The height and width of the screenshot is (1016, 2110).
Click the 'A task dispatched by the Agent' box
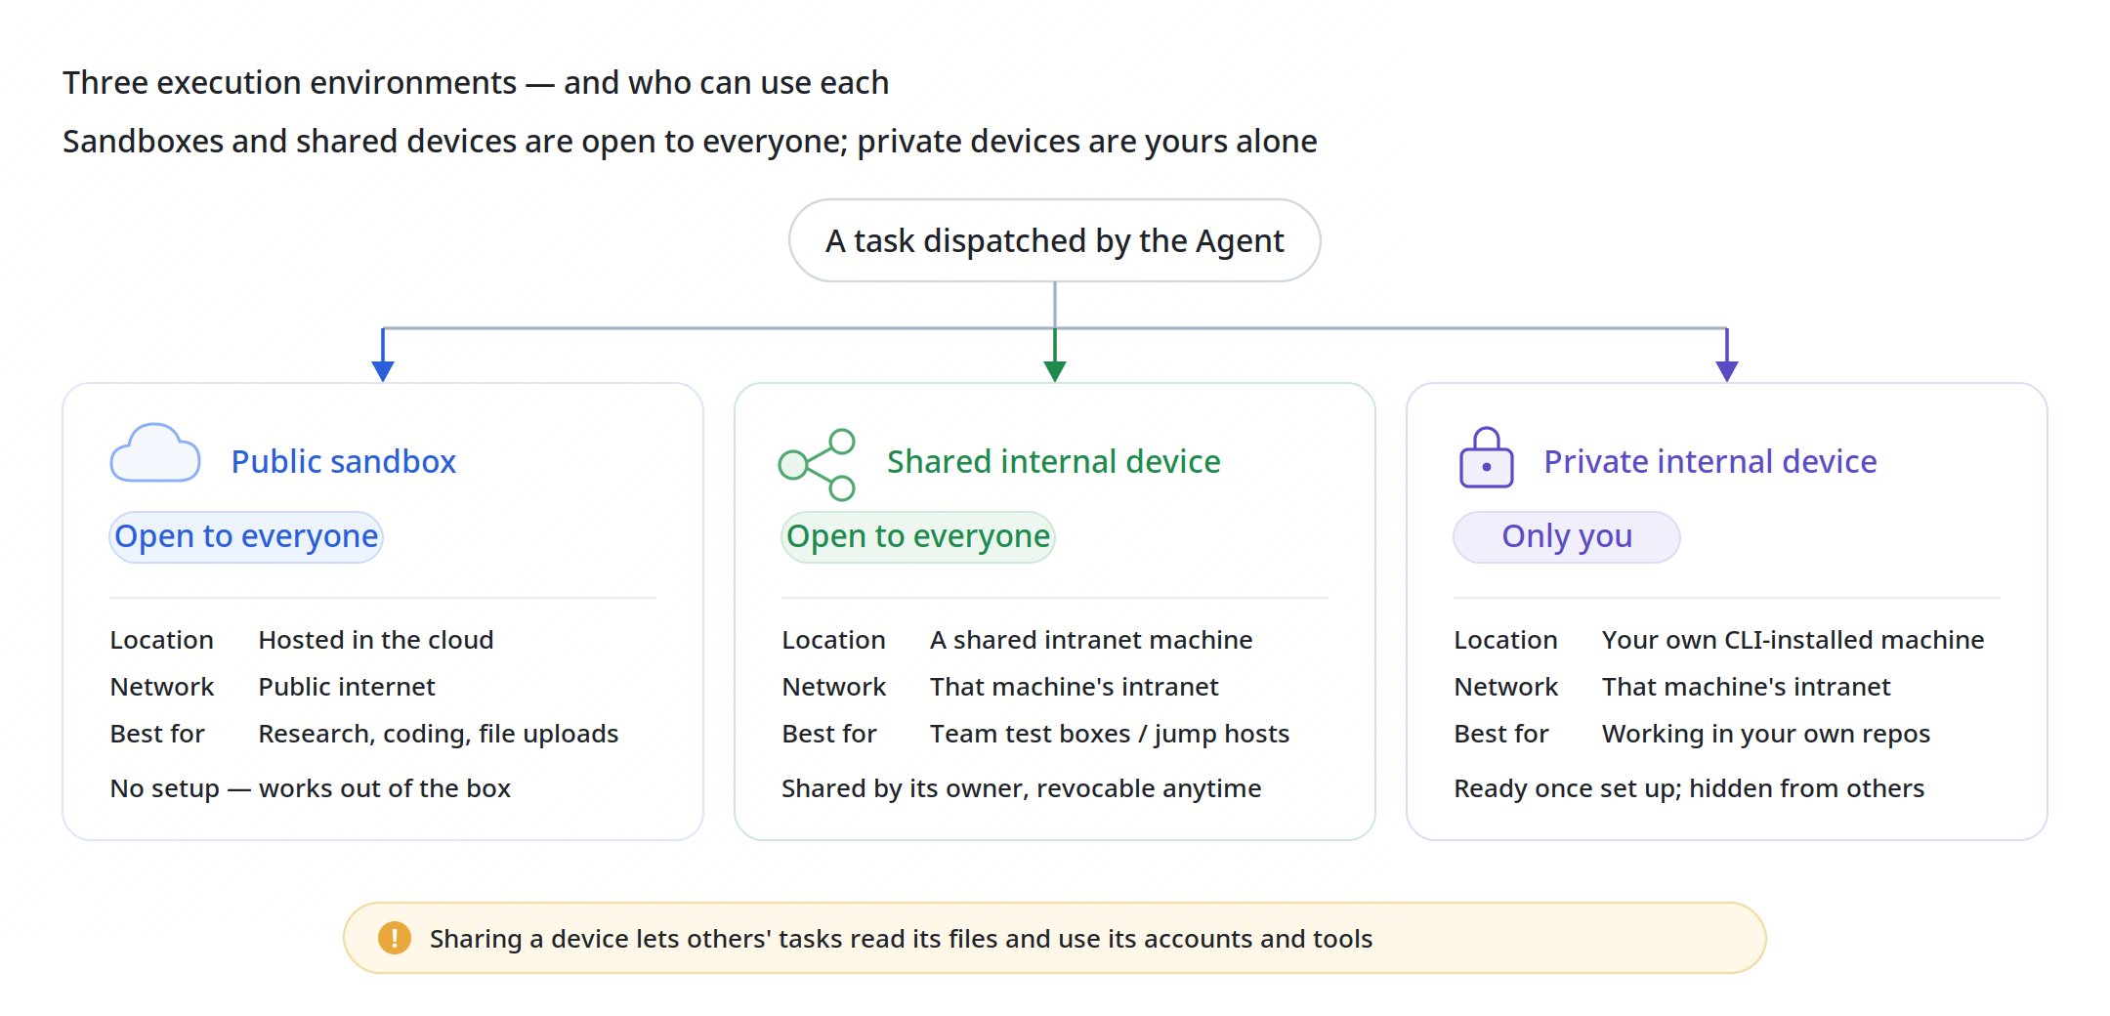tap(1054, 240)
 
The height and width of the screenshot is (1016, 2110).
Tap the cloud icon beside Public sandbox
tap(155, 452)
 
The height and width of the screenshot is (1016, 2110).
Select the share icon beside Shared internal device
tap(817, 465)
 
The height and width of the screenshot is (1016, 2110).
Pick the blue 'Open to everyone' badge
tap(246, 536)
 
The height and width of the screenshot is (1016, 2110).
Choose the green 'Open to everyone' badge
tap(918, 536)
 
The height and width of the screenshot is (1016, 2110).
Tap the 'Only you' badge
tap(1567, 536)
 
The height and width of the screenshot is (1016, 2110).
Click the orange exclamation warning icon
tap(395, 938)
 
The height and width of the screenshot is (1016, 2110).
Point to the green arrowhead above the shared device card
tap(1055, 371)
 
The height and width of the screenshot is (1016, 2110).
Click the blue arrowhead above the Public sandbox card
tap(383, 371)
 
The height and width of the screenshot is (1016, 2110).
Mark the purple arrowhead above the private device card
tap(1727, 371)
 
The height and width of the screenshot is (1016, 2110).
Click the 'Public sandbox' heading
tap(344, 461)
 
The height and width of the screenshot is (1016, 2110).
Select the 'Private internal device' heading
tap(1710, 461)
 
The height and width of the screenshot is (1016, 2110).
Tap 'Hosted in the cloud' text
tap(376, 640)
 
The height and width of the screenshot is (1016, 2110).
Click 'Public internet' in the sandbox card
tap(347, 687)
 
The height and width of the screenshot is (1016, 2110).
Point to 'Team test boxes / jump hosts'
tap(1110, 734)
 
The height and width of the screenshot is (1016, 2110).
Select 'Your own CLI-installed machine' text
tap(1793, 640)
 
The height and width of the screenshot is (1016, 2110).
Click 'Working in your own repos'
tap(1766, 734)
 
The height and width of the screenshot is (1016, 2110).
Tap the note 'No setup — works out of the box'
tap(311, 788)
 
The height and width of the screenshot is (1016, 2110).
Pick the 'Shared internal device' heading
tap(1054, 461)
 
